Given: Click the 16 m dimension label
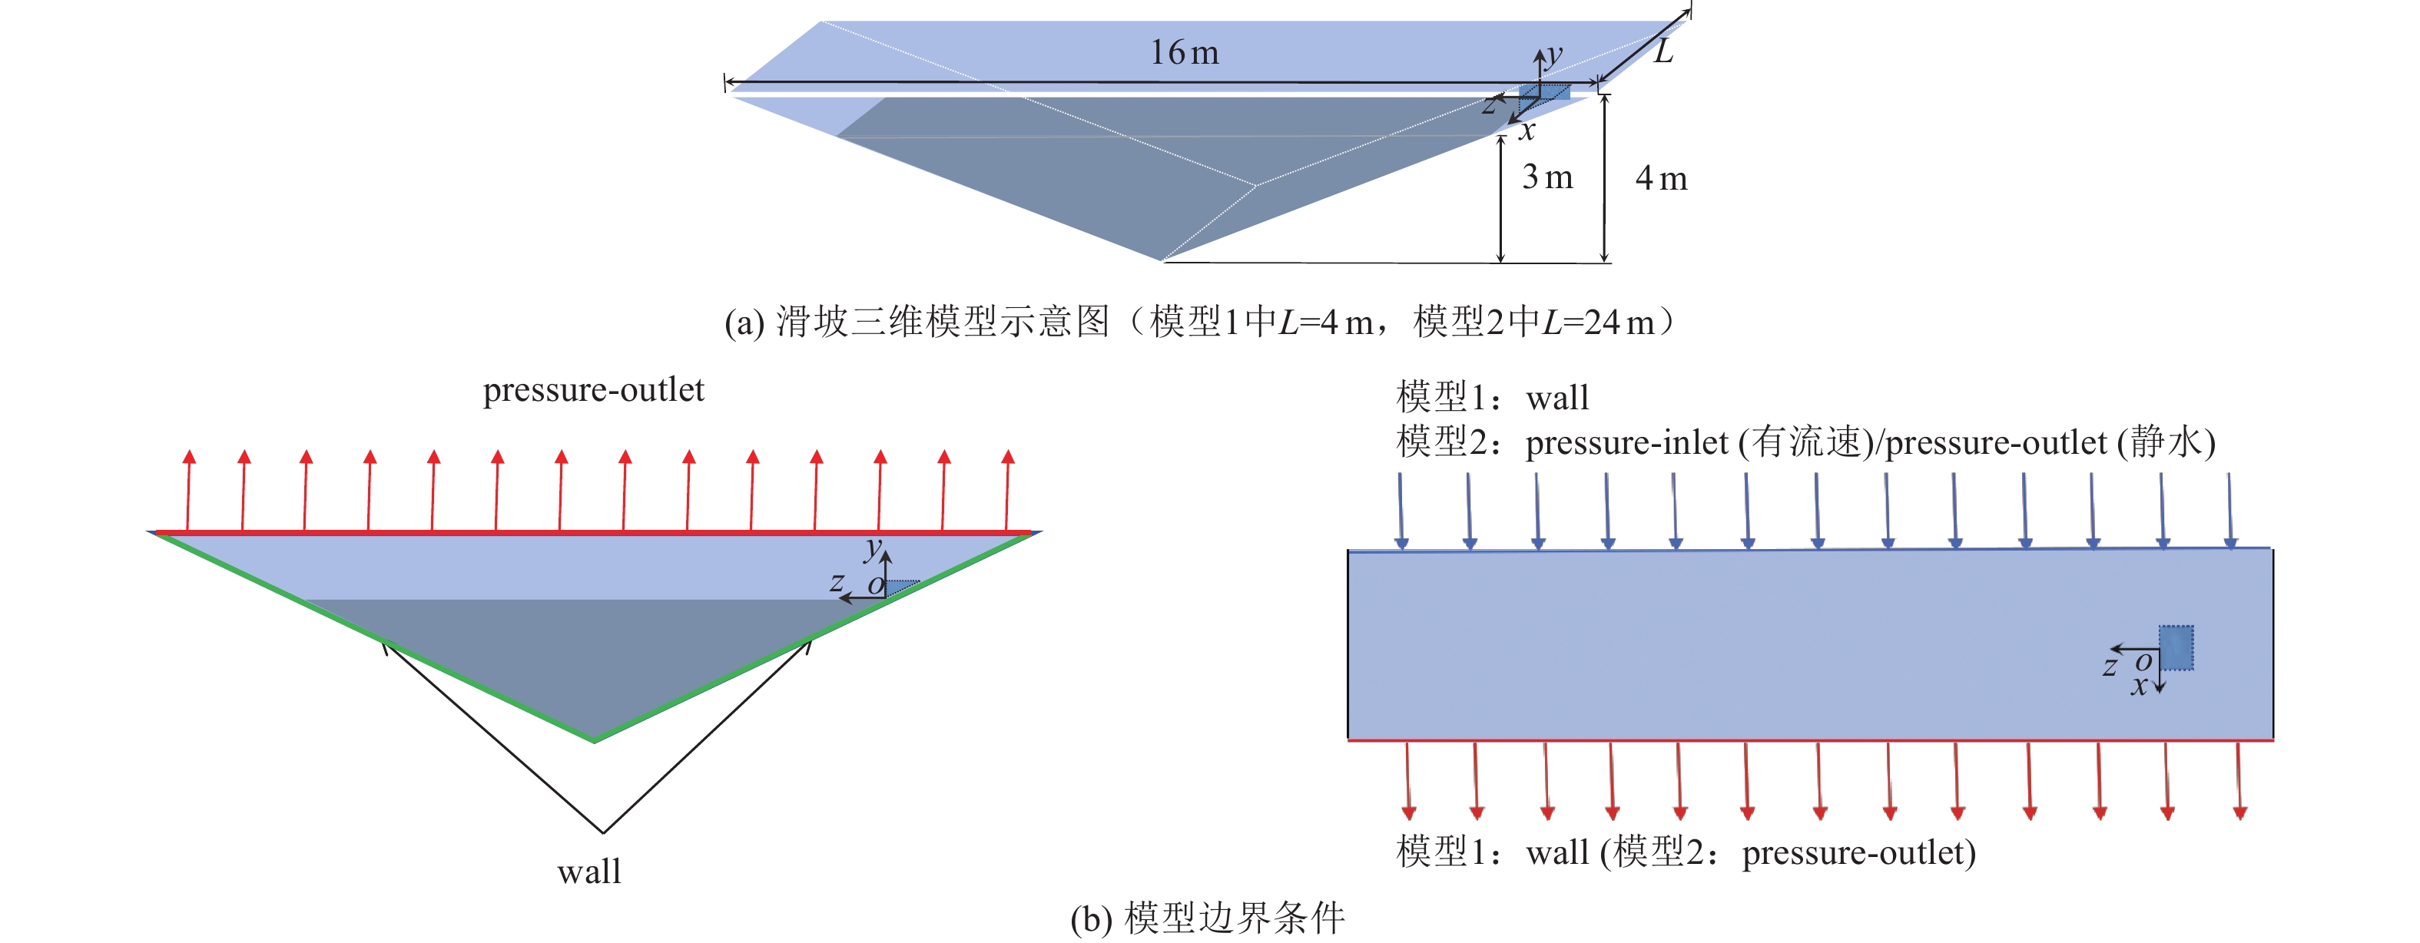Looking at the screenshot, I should click(1185, 52).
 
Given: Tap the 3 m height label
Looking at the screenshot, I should click(1547, 177).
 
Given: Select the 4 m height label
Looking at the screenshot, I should click(1661, 178).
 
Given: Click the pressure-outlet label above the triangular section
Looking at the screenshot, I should click(593, 390).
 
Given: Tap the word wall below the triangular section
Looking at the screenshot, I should click(589, 872).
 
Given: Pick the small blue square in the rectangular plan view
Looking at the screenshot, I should click(2176, 648).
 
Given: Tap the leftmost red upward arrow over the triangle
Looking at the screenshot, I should click(189, 490).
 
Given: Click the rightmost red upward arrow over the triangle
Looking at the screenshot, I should click(1007, 490).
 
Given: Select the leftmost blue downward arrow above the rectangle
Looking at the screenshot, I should click(1401, 510).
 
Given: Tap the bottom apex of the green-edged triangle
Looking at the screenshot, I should click(595, 740).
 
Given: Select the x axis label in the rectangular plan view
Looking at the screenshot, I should click(2138, 687).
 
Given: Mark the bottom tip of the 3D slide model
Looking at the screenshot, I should click(1162, 260).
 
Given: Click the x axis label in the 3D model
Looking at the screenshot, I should click(1527, 131).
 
